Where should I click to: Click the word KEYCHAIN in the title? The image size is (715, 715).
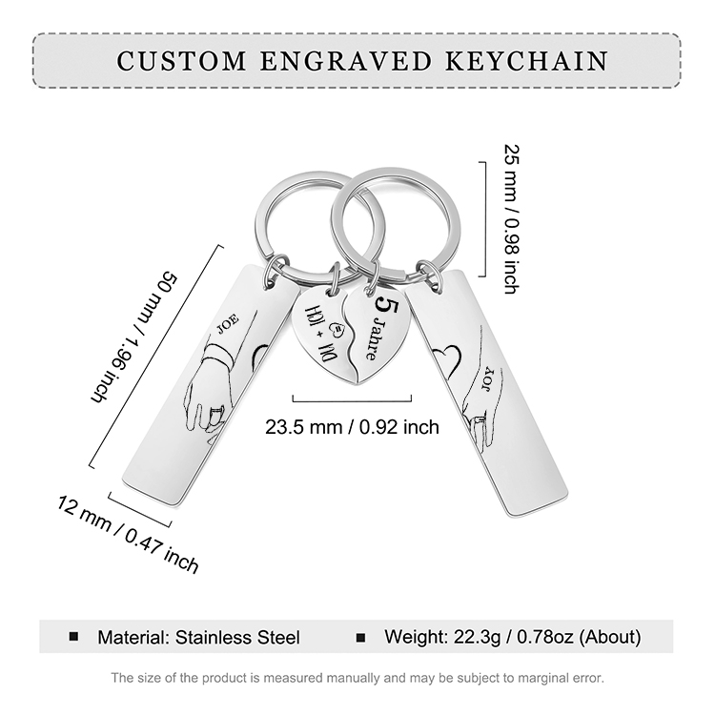point(526,61)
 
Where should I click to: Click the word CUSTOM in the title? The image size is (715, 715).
point(181,61)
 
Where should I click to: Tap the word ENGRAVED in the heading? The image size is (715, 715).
point(346,61)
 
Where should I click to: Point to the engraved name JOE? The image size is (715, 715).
point(228,324)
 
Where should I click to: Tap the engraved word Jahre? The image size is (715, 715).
point(373,338)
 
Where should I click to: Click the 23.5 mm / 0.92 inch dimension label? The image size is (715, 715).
point(352,427)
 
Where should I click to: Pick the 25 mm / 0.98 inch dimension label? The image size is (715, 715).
point(512,219)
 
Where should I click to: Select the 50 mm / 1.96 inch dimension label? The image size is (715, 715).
point(133,337)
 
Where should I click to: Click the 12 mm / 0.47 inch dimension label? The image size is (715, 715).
point(128,534)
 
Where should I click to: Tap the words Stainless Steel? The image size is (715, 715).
point(237,637)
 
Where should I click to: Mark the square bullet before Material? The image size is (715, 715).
point(73,637)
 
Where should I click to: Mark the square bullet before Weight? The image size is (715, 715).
point(360,638)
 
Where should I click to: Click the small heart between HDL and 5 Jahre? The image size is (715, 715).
point(337,329)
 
